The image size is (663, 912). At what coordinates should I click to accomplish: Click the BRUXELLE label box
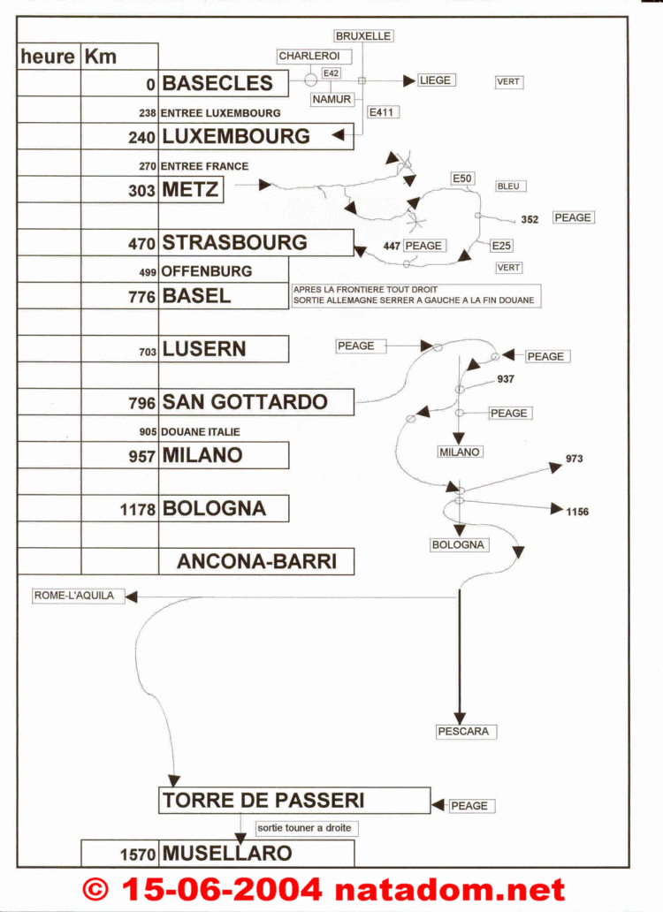pyautogui.click(x=363, y=36)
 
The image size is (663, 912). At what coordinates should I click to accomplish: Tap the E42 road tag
pyautogui.click(x=331, y=73)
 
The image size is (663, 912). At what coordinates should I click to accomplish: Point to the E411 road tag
pyautogui.click(x=383, y=112)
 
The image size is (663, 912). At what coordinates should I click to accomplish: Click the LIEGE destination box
pyautogui.click(x=436, y=80)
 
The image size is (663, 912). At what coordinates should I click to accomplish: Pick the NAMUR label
pyautogui.click(x=332, y=100)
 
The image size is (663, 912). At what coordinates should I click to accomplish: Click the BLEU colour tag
pyautogui.click(x=511, y=186)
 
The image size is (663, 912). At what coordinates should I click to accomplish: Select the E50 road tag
pyautogui.click(x=462, y=179)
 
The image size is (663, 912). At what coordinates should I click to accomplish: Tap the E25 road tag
pyautogui.click(x=501, y=246)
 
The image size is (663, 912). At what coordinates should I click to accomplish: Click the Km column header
pyautogui.click(x=100, y=57)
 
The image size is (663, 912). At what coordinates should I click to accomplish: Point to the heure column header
pyautogui.click(x=48, y=57)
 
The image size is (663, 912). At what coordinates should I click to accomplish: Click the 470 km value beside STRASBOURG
pyautogui.click(x=142, y=243)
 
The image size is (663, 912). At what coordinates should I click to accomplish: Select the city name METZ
pyautogui.click(x=191, y=190)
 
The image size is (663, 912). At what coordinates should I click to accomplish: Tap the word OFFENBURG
pyautogui.click(x=207, y=271)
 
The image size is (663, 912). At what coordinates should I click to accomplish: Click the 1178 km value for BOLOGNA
pyautogui.click(x=138, y=510)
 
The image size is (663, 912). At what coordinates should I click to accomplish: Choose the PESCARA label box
pyautogui.click(x=466, y=731)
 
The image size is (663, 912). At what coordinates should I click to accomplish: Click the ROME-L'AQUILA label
pyautogui.click(x=78, y=596)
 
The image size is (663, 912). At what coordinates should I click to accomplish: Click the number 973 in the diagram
pyautogui.click(x=574, y=459)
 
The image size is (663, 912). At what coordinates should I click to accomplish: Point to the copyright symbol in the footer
pyautogui.click(x=95, y=889)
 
